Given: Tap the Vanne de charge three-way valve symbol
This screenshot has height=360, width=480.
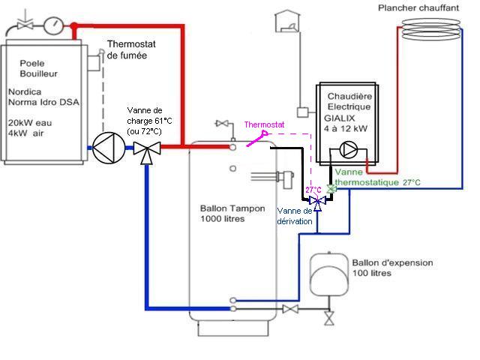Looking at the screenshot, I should click(x=146, y=148).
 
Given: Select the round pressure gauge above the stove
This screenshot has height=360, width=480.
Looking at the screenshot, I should click(x=53, y=25).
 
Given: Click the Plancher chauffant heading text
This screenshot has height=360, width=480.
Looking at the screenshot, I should click(x=428, y=7).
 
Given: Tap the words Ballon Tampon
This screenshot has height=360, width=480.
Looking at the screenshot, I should click(x=232, y=208).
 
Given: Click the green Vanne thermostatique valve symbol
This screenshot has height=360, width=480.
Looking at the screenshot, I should click(x=331, y=190).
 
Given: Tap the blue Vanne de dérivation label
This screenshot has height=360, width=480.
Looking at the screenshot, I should click(x=294, y=216).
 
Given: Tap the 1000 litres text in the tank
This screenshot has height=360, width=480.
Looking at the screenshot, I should click(x=223, y=219).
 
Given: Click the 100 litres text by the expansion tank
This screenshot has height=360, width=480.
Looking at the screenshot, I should click(x=372, y=274).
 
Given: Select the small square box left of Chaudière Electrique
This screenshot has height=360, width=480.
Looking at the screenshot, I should click(x=302, y=112).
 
